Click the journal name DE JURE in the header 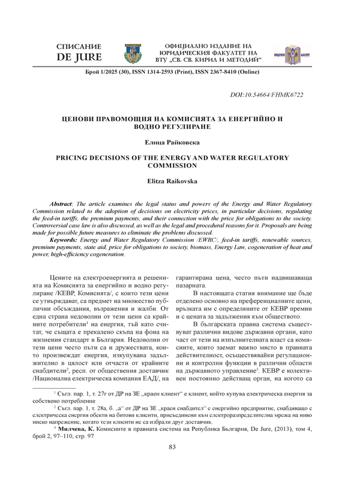pos(78,58)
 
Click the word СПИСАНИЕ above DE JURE pos(78,47)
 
